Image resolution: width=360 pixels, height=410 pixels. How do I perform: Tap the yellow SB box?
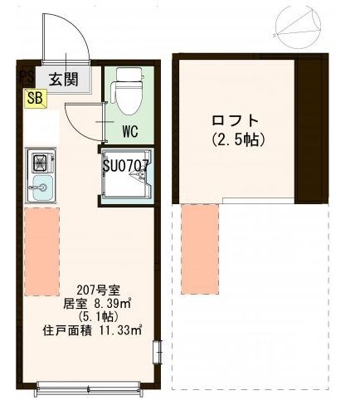[x=35, y=98]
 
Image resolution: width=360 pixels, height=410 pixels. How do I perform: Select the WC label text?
[x=129, y=131]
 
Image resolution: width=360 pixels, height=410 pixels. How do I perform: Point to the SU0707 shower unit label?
[x=125, y=165]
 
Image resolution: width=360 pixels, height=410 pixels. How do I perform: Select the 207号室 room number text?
[x=86, y=290]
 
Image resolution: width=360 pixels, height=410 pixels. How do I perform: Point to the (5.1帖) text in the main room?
[x=86, y=317]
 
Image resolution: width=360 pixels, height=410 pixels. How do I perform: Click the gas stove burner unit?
[x=39, y=160]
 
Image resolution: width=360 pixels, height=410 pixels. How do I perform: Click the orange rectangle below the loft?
[x=199, y=246]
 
